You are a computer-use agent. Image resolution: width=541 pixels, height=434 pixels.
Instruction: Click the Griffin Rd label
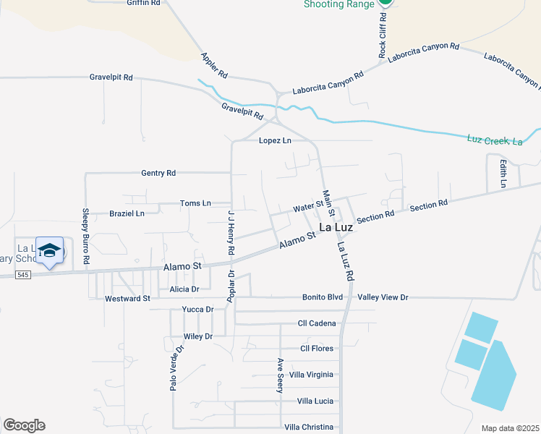click(x=143, y=3)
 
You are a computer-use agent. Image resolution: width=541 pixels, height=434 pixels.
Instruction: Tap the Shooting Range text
click(x=338, y=4)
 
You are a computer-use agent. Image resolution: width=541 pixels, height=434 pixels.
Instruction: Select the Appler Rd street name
click(x=215, y=65)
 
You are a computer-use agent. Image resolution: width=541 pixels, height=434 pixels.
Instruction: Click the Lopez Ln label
click(x=275, y=140)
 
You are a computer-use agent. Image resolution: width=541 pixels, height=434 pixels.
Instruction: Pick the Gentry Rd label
click(x=158, y=174)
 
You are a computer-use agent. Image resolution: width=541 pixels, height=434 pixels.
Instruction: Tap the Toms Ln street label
click(x=195, y=203)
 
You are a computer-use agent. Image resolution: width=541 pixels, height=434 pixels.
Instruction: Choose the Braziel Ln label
click(x=127, y=213)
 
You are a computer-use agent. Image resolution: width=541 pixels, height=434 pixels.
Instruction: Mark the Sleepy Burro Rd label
click(x=85, y=235)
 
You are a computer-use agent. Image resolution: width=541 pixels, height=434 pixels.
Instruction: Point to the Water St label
click(x=308, y=208)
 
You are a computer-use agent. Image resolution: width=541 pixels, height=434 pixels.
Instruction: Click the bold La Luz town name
click(x=336, y=227)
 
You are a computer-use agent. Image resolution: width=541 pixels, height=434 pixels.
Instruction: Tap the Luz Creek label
click(x=495, y=140)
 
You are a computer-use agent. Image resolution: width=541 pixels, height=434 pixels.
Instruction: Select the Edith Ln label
click(x=502, y=174)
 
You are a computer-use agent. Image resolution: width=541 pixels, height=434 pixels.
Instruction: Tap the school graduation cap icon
click(x=49, y=250)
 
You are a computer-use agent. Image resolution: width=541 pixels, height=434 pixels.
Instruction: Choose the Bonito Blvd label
click(x=323, y=297)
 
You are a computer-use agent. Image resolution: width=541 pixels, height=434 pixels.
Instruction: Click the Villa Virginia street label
click(x=311, y=375)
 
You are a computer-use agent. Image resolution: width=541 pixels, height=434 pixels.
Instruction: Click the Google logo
click(x=24, y=425)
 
